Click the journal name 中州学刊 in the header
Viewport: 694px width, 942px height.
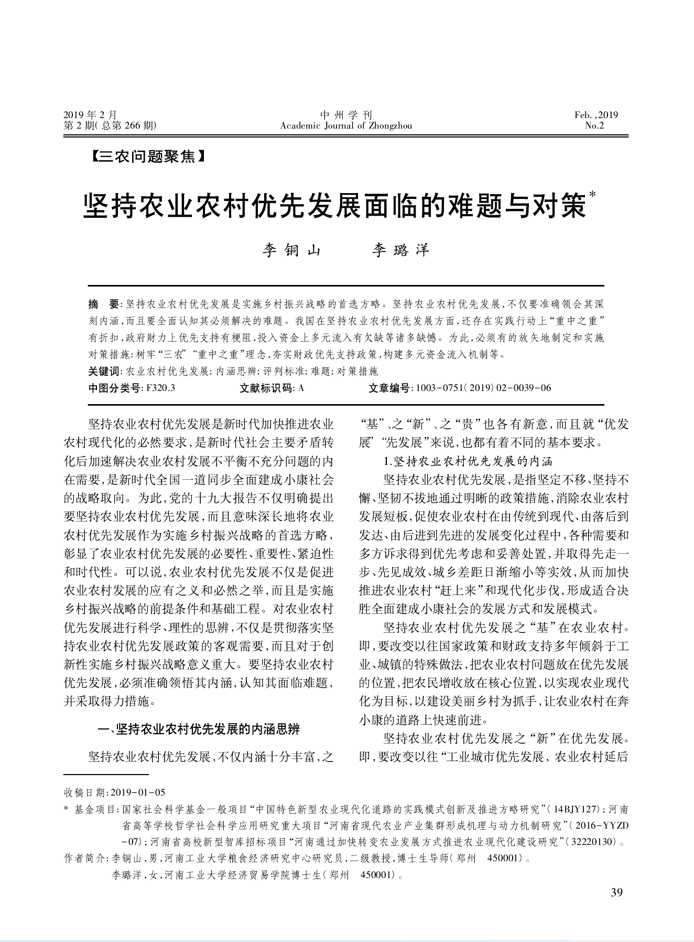(346, 115)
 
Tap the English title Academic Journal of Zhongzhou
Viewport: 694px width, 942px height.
(346, 126)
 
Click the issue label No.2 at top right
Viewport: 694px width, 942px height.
(594, 126)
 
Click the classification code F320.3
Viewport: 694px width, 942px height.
(160, 388)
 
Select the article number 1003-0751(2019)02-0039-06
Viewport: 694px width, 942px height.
(483, 388)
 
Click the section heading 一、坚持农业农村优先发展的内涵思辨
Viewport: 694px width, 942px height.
(199, 729)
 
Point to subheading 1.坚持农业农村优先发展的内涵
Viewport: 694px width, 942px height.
(468, 461)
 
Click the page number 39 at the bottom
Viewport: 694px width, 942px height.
(616, 893)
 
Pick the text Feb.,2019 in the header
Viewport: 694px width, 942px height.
(596, 115)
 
